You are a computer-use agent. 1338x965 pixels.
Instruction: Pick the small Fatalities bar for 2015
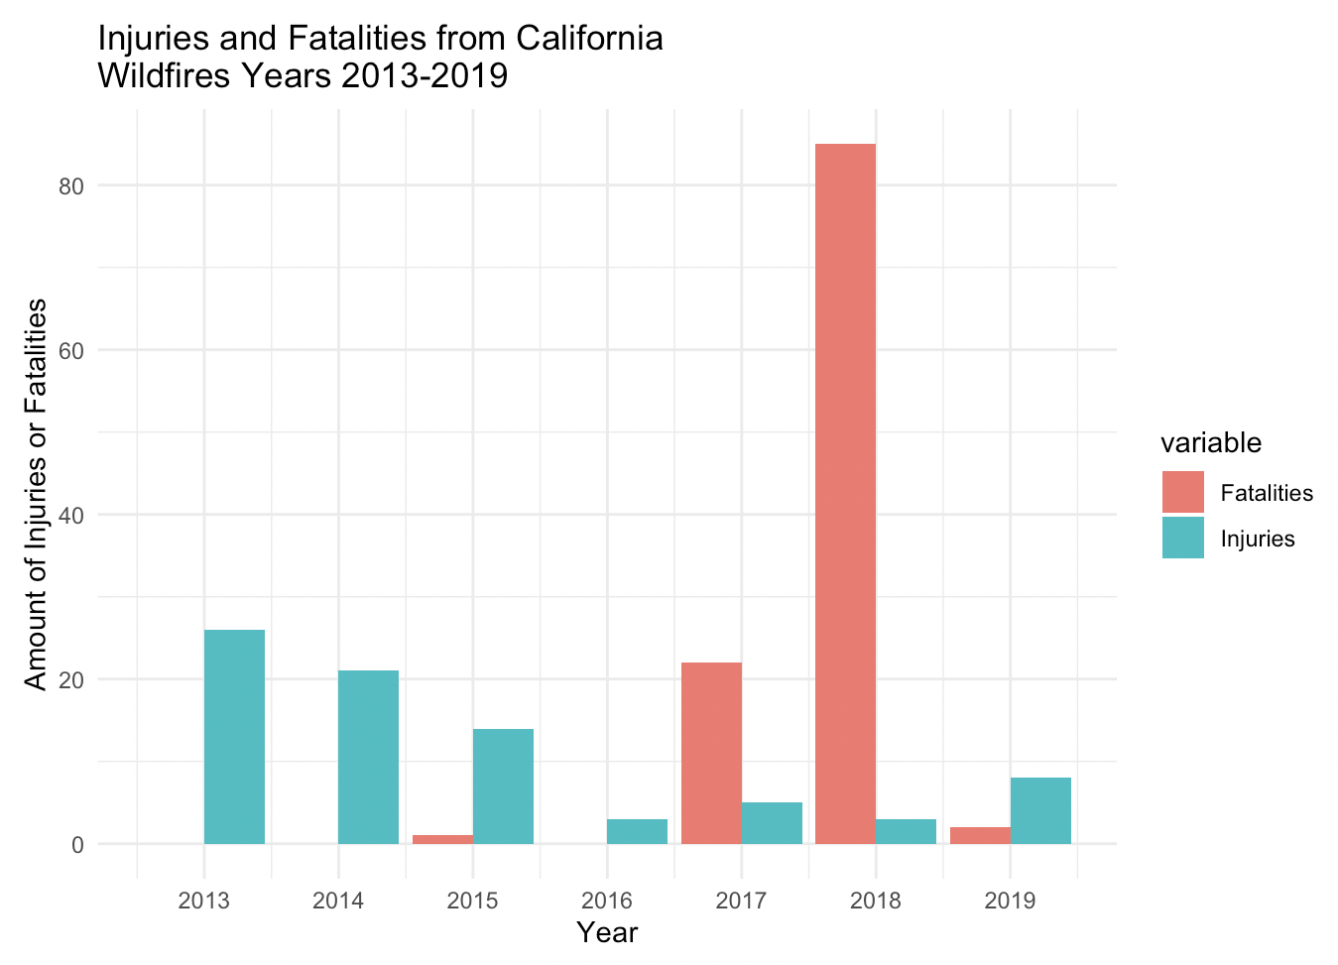(442, 839)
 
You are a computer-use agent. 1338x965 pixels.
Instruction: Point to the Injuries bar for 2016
(637, 831)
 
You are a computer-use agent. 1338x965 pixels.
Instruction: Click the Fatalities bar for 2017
(711, 753)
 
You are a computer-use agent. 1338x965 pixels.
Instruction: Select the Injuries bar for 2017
(772, 823)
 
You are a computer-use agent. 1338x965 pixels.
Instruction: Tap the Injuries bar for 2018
(906, 831)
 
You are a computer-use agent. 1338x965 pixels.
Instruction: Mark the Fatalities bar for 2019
(980, 835)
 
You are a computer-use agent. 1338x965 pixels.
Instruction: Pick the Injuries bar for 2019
(1040, 810)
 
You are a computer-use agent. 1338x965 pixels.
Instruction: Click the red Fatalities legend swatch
(1182, 492)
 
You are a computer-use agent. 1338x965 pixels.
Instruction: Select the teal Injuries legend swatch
(1182, 538)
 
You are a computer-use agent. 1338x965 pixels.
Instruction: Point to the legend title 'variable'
(1212, 442)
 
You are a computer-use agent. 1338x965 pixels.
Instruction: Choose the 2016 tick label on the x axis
(607, 901)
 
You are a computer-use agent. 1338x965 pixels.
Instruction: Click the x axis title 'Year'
(607, 932)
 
